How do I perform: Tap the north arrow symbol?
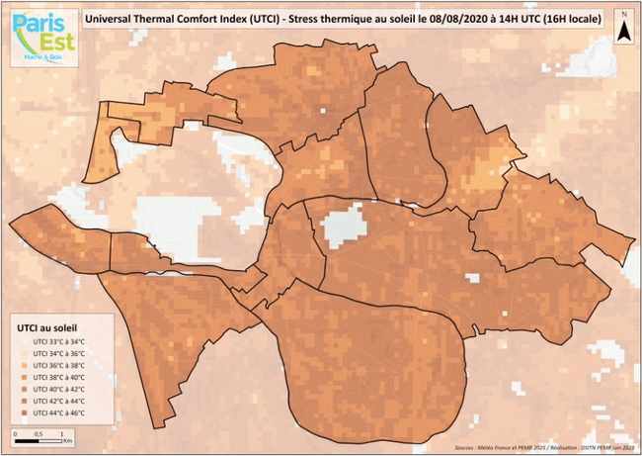(624, 27)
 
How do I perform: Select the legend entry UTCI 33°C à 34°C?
(58, 341)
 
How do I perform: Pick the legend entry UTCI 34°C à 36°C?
(58, 353)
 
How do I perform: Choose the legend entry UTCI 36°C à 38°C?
(58, 365)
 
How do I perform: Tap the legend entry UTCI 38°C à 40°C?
(58, 377)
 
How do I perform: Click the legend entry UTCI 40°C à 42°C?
(58, 389)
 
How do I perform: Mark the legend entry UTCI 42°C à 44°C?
(58, 401)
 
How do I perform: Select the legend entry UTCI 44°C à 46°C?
(58, 412)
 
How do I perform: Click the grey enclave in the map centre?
(343, 227)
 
